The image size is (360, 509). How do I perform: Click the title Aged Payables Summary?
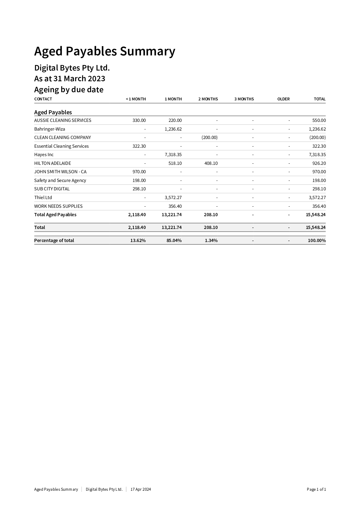[x=104, y=51]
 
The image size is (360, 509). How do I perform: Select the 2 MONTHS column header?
[x=208, y=99]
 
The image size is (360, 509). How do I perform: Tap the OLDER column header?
[x=283, y=99]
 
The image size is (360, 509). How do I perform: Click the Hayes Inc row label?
[x=44, y=155]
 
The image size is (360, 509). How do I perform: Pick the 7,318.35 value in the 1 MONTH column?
[x=173, y=155]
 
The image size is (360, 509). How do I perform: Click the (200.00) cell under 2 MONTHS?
[x=209, y=138]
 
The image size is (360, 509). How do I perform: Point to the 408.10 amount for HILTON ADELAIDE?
[x=211, y=163]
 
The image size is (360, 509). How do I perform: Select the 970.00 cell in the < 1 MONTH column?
[x=139, y=172]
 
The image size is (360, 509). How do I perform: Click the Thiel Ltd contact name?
[x=43, y=198]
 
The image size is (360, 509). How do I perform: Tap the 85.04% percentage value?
[x=174, y=241]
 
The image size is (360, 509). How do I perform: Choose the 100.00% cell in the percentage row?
[x=317, y=241]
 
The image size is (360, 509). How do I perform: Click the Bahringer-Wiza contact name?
[x=50, y=129]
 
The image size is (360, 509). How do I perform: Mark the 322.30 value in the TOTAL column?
[x=319, y=146]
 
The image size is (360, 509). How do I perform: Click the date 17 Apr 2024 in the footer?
[x=141, y=489]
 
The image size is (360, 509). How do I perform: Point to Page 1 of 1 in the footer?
[x=316, y=489]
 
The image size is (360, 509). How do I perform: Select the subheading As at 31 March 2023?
[x=70, y=79]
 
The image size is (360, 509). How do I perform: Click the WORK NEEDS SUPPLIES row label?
[x=58, y=206]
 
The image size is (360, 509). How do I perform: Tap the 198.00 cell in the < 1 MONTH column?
[x=139, y=181]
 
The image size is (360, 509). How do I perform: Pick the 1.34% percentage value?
[x=211, y=241]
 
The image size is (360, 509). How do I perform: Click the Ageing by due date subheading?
[x=69, y=90]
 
